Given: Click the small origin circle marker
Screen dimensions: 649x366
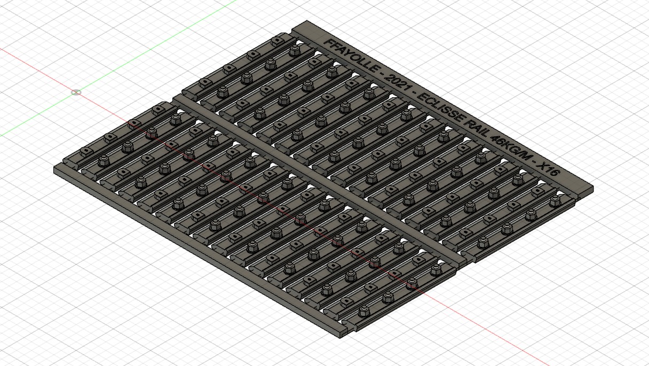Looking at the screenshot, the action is (x=76, y=92).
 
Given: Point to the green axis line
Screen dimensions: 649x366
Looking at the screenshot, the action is (x=119, y=68).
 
